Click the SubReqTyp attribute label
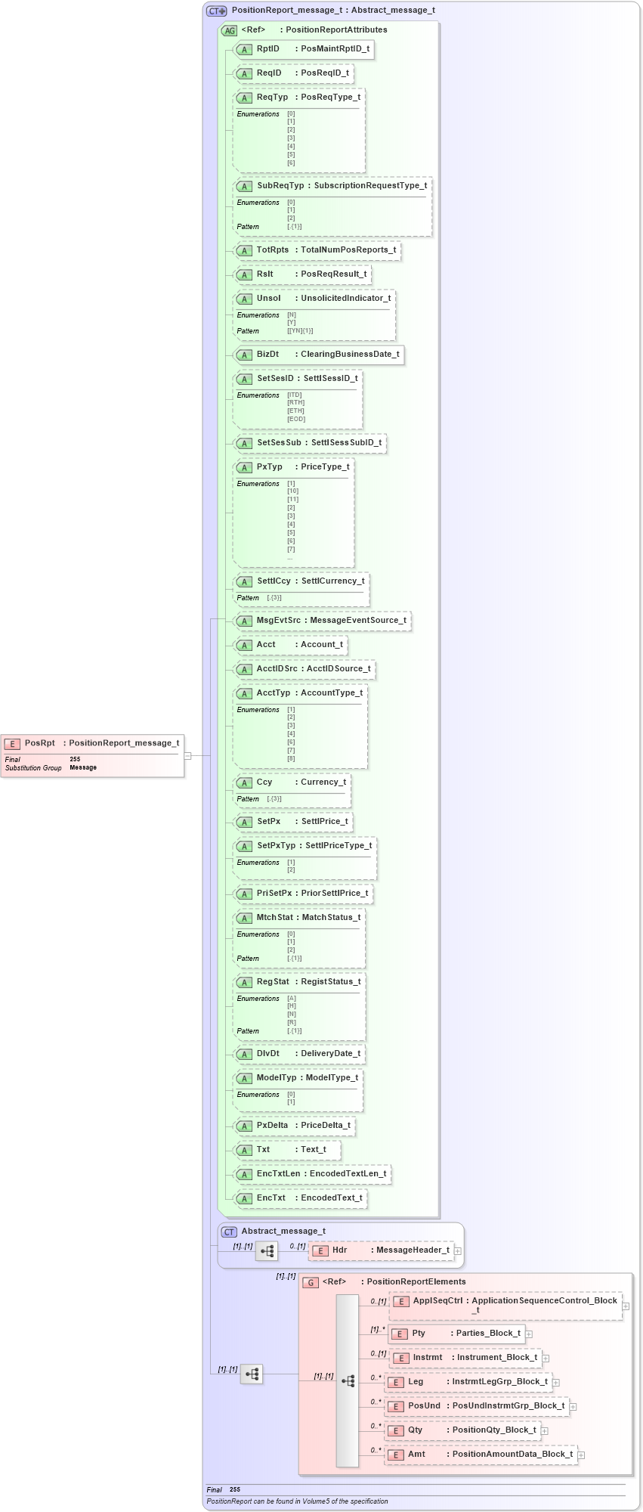click(280, 186)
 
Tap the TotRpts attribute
click(315, 250)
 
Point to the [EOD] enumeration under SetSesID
click(296, 419)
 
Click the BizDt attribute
click(317, 355)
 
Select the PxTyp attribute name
click(270, 467)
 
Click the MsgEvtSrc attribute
click(322, 621)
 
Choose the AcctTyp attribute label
click(273, 693)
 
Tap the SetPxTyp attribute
click(304, 846)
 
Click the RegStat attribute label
click(273, 982)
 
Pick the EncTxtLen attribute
click(312, 1174)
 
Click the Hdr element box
click(382, 1250)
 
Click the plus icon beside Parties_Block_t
click(529, 1334)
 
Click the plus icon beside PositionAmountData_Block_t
click(581, 1455)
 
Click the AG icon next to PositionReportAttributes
click(229, 30)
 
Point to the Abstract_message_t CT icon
click(229, 1232)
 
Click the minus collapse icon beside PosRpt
click(187, 755)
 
